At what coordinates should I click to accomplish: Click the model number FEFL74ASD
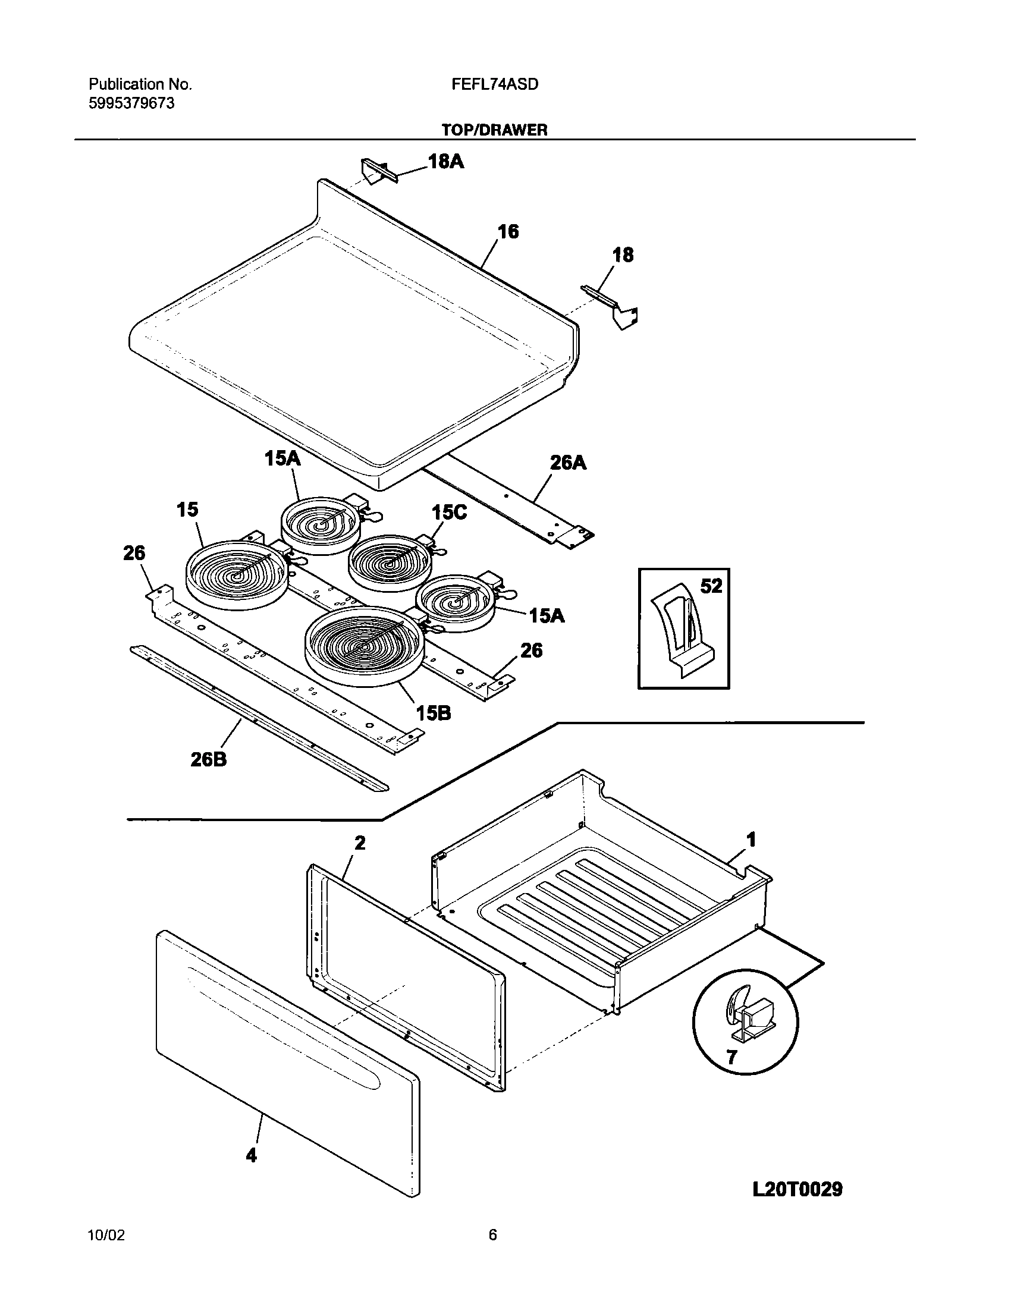pos(495,84)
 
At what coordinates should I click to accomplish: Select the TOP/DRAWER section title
pos(494,130)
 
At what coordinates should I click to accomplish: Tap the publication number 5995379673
pos(131,103)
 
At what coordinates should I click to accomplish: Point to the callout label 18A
pos(446,161)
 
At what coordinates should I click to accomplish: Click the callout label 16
pos(508,231)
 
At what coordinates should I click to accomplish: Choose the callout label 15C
pos(449,512)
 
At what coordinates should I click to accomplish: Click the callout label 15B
pos(433,712)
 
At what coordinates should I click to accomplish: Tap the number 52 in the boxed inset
pos(711,586)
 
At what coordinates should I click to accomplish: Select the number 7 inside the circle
pos(731,1057)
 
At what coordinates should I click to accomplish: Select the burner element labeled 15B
pos(364,643)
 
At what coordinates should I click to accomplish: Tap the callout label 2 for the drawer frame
pos(360,843)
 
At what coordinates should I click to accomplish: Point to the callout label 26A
pos(568,463)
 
